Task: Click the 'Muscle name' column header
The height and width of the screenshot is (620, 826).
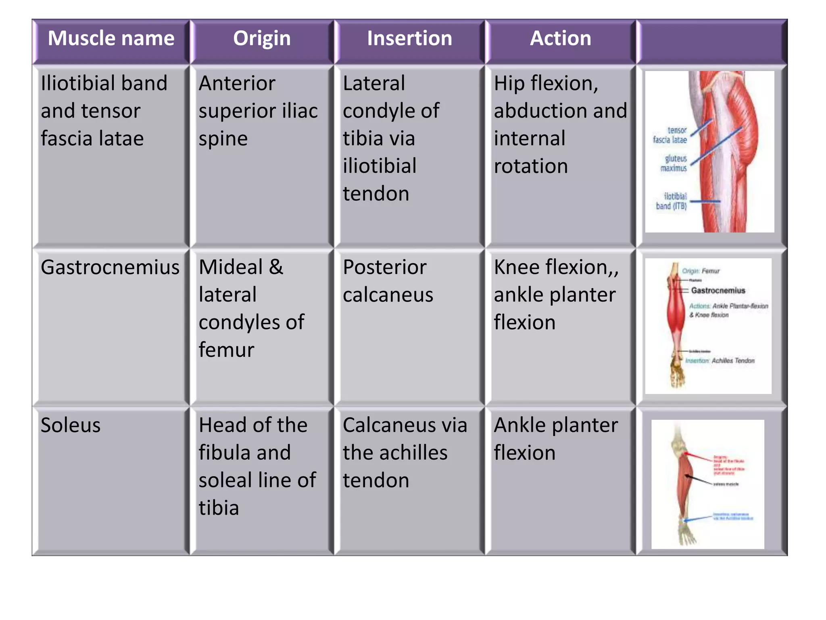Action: (x=111, y=39)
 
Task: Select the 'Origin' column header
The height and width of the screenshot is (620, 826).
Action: (x=262, y=39)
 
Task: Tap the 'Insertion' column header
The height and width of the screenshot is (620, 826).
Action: (x=409, y=39)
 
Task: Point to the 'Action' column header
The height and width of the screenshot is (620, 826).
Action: (x=560, y=39)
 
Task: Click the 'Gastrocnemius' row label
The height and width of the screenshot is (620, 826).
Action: (x=110, y=268)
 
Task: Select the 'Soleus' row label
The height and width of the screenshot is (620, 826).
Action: (x=71, y=425)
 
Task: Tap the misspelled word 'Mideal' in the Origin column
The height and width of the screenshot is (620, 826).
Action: (x=230, y=268)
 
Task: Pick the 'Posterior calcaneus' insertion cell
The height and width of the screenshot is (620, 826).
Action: (x=387, y=281)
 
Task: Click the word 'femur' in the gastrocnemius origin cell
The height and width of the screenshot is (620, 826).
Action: (x=226, y=350)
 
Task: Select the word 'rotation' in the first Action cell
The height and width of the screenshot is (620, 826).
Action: (x=531, y=166)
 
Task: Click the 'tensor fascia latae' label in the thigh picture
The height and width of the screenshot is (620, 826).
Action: (x=670, y=135)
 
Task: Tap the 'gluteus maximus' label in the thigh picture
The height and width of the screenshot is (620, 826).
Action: (x=674, y=163)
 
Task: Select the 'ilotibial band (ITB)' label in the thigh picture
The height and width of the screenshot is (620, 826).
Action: (x=672, y=201)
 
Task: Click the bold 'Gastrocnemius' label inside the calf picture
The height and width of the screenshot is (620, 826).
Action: (x=718, y=291)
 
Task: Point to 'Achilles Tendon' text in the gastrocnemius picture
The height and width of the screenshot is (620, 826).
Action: (x=733, y=361)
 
